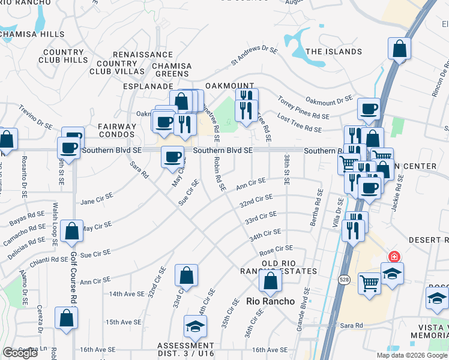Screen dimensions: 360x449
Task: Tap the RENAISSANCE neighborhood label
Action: click(x=134, y=54)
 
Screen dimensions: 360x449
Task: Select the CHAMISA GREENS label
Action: click(x=172, y=70)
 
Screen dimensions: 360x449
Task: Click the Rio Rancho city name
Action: click(x=271, y=301)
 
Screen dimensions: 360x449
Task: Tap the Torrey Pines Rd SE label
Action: click(x=303, y=108)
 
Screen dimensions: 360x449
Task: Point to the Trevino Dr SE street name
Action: click(x=35, y=117)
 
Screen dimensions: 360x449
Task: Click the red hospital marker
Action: click(x=394, y=257)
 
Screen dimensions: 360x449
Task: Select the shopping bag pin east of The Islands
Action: click(x=399, y=49)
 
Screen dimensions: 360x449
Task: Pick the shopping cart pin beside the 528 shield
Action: click(x=369, y=281)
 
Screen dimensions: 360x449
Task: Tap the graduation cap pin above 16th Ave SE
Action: click(x=195, y=326)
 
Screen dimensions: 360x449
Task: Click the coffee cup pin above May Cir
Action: click(x=173, y=157)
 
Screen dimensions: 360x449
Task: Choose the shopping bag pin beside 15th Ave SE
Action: click(x=66, y=317)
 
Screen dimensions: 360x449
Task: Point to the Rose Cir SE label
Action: click(x=276, y=248)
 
